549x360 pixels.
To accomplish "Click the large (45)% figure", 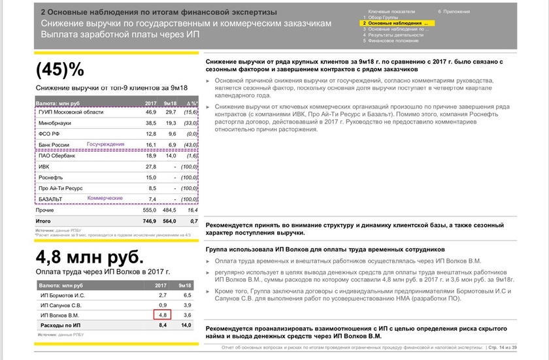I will (x=61, y=69).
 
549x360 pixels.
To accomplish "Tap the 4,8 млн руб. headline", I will (x=90, y=257).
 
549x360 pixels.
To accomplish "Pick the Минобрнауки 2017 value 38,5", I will (x=151, y=123).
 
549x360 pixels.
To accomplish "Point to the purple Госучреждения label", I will (x=105, y=142).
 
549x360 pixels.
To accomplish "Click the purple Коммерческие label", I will (x=105, y=197).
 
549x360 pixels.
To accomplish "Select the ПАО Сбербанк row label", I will (x=57, y=156).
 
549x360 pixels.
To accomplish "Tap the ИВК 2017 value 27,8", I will (x=151, y=167).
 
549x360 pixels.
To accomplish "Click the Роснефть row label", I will (x=52, y=178).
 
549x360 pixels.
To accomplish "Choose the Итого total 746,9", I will (x=149, y=221).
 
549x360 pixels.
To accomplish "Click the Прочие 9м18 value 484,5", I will (x=169, y=210).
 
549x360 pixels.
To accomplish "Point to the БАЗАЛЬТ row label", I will (x=52, y=199).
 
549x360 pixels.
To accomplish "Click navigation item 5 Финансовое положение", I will (x=393, y=41).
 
